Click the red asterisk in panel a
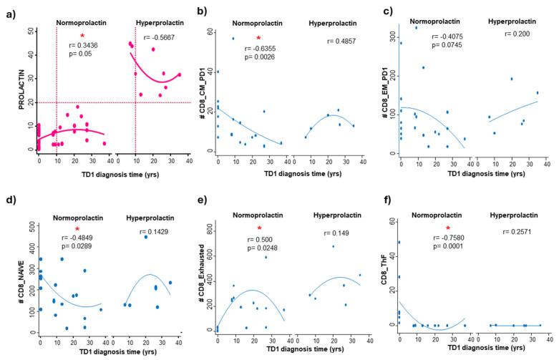(82, 36)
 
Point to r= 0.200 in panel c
(517, 34)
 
